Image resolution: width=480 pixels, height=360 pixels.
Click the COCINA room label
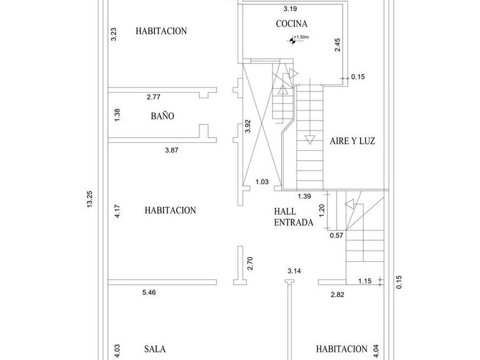coord(291,23)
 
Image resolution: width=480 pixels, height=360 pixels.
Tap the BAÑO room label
coord(162,115)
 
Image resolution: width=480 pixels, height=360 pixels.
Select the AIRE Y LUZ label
coord(353,141)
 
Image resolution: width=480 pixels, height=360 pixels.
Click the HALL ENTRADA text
coord(294,217)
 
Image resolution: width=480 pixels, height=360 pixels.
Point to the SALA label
coord(155,349)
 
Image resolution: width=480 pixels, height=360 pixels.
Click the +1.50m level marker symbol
coord(293,40)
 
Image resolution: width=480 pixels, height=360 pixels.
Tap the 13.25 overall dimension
coord(90,199)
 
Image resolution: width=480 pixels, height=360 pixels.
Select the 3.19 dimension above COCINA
coord(290,9)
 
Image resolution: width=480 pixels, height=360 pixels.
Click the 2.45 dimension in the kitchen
coord(337,45)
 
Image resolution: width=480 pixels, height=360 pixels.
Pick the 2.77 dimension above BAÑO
coord(153,97)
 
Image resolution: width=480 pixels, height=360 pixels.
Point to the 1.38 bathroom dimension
coord(117,115)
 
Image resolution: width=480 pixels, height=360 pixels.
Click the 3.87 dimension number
coord(171,150)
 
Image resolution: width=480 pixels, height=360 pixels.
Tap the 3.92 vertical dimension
coord(248,126)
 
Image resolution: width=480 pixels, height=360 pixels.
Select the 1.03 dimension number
coord(262,182)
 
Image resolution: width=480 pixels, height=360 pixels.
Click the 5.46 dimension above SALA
coord(149,293)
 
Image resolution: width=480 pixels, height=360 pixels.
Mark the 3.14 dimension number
coord(294,271)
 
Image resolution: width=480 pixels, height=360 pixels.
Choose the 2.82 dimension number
coord(337,294)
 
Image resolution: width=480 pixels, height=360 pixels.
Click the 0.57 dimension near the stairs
coord(337,235)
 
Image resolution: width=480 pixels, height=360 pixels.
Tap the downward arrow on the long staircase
coord(310,139)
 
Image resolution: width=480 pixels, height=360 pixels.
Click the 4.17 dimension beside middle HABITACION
coord(117,211)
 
